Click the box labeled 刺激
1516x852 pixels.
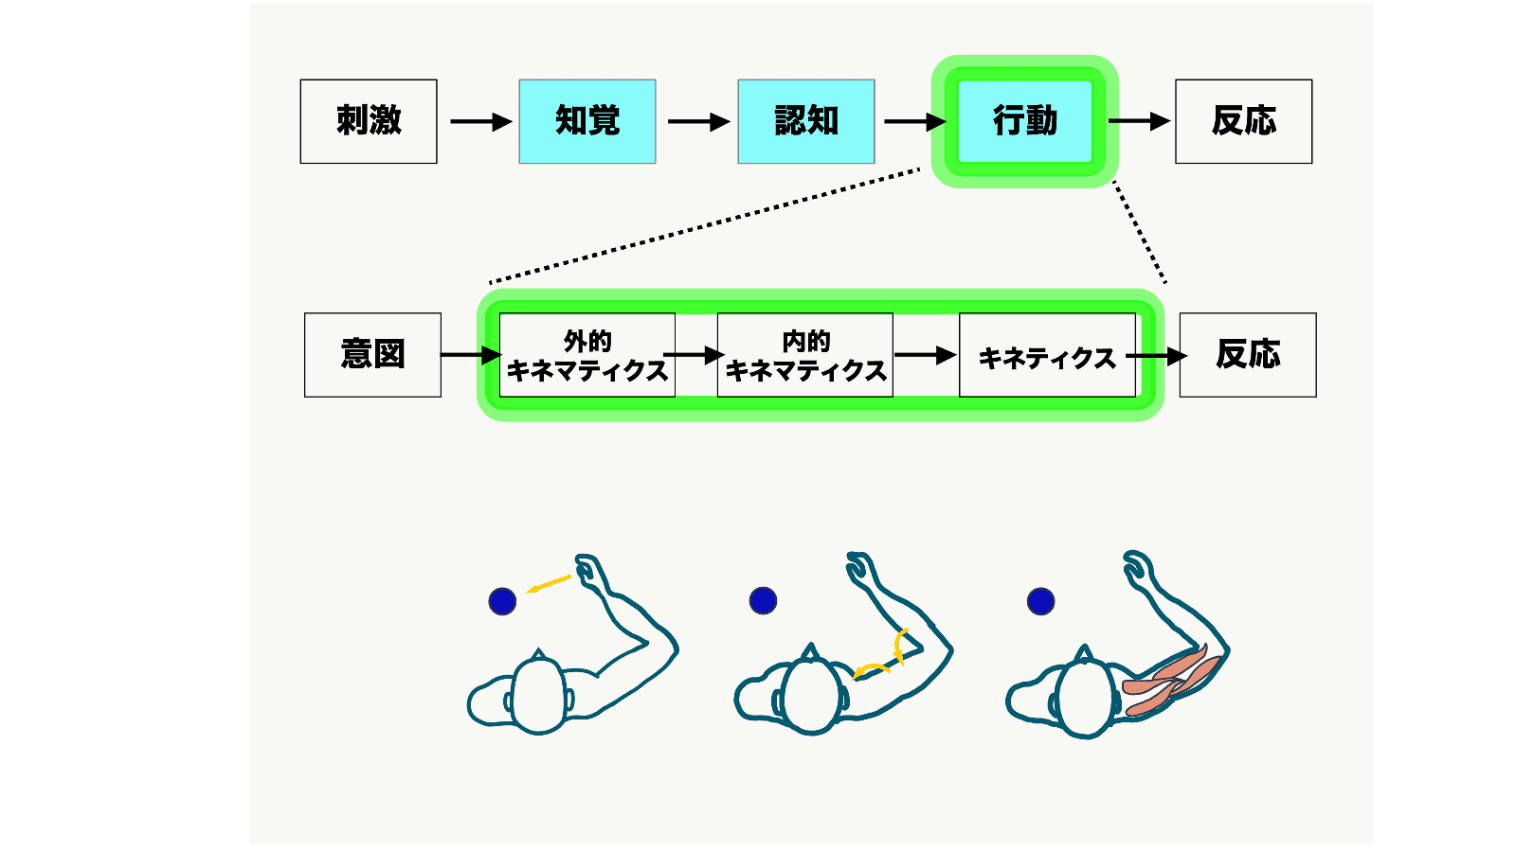[369, 121]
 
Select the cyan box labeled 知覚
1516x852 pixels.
[587, 121]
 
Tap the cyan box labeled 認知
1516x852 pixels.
[806, 121]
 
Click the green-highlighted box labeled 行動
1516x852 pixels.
[1025, 121]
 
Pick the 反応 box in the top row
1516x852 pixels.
[1243, 121]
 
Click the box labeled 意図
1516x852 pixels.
[372, 355]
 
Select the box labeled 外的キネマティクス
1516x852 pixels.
[587, 355]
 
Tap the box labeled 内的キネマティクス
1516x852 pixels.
[805, 355]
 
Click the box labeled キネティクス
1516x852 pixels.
[1047, 355]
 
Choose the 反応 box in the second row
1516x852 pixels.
[1248, 355]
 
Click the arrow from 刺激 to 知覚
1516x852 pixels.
[480, 121]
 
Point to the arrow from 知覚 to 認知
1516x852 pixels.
[698, 121]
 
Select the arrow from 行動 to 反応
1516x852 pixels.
[1139, 121]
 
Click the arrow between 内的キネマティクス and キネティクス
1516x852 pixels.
[925, 355]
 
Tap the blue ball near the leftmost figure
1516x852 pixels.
[502, 601]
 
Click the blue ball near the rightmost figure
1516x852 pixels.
[1040, 601]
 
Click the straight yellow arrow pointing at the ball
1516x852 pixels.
[549, 584]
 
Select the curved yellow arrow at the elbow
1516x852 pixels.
[886, 659]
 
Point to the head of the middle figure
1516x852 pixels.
[810, 696]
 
